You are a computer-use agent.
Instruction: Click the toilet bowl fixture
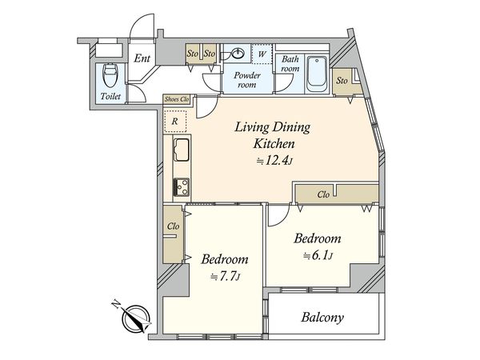pos(110,75)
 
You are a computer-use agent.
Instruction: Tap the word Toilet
pos(110,96)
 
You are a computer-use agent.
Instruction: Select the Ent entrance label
pos(142,58)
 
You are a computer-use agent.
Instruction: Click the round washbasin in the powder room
pos(238,54)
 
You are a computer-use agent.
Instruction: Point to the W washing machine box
pos(262,54)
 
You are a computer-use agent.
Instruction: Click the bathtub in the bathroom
pos(317,74)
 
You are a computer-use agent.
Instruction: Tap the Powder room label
pos(247,79)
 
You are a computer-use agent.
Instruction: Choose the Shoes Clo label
pos(177,99)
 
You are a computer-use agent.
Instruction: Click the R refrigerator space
pos(174,121)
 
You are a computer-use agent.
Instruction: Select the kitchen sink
pos(182,150)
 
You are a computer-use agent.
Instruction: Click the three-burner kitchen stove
pos(182,187)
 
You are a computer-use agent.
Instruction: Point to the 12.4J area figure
pos(274,161)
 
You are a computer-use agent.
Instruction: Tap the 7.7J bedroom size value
pos(225,277)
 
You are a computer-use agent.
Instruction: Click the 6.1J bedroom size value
pos(318,255)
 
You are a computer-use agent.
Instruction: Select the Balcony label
pos(322,317)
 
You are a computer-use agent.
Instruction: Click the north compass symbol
pos(136,319)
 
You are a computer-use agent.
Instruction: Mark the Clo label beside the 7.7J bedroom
pos(173,226)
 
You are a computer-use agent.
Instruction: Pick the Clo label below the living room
pos(323,194)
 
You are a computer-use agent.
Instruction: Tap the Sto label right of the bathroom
pos(342,81)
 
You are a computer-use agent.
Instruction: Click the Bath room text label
pos(290,64)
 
